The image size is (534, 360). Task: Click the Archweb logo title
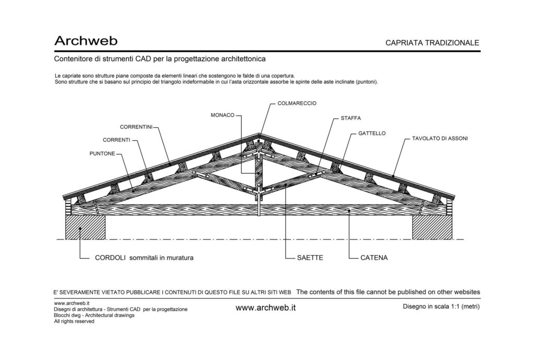[86, 41]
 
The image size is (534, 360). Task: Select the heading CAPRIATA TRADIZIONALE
[432, 43]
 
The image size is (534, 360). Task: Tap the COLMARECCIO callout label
[297, 103]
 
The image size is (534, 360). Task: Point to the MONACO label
[222, 115]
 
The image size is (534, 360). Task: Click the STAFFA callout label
[351, 118]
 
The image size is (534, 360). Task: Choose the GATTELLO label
[372, 134]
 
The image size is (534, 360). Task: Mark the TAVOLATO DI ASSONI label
[440, 139]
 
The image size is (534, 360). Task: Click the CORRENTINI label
[136, 127]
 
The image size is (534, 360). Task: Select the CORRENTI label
[116, 140]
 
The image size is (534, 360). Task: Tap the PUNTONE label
[102, 153]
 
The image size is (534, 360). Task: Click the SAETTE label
[310, 258]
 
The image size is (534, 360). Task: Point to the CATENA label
[374, 258]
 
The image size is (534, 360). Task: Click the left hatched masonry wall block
[85, 227]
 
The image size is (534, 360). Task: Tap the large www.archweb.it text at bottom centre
[265, 308]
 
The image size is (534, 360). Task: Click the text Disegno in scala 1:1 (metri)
[441, 307]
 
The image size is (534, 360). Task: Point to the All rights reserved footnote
[74, 321]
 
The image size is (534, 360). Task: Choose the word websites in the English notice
[467, 292]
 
